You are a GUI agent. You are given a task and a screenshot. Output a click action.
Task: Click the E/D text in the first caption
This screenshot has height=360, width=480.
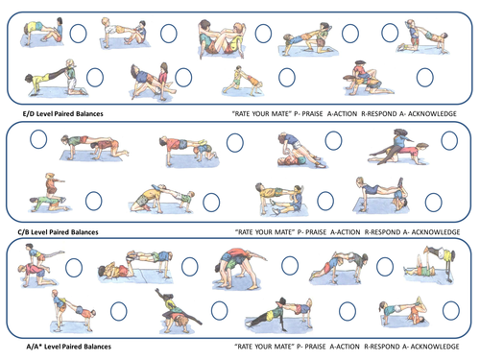point(28,113)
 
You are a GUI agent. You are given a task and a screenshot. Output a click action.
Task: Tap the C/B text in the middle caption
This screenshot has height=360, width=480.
point(23,232)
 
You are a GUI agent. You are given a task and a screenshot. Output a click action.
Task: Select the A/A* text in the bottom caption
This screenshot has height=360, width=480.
point(34,347)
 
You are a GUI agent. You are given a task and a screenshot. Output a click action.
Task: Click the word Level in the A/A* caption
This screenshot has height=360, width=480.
point(52,347)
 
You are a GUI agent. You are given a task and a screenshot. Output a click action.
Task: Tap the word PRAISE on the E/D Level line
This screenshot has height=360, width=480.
point(312,113)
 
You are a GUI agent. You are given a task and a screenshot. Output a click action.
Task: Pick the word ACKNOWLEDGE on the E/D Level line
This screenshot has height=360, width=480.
point(432,113)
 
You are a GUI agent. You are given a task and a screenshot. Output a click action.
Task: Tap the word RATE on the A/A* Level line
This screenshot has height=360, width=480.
point(244,347)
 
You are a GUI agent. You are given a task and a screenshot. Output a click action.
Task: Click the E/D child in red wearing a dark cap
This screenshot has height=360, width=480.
point(360,72)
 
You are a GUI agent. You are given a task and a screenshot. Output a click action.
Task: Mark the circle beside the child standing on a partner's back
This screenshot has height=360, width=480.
point(94,201)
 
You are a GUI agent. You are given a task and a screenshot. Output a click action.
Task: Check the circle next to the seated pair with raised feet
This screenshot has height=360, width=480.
point(263,34)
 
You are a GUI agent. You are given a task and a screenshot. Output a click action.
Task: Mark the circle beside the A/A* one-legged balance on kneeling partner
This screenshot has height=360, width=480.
point(74,268)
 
